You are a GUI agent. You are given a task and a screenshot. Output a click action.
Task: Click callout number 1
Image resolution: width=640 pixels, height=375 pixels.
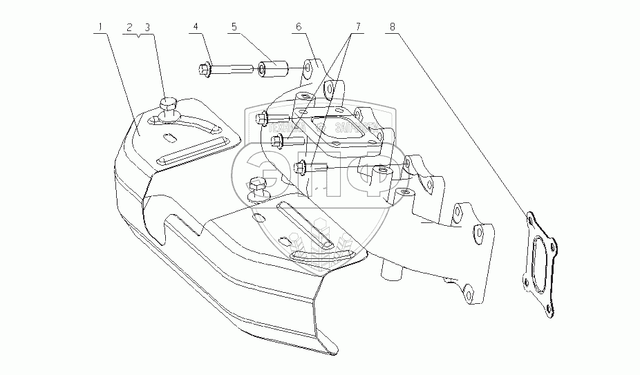click(100, 27)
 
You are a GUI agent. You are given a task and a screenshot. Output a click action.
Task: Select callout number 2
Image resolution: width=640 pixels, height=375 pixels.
click(129, 27)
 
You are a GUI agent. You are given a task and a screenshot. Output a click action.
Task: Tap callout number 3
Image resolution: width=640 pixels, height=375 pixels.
click(147, 27)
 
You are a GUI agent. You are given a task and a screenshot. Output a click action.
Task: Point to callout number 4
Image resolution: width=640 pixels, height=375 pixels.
click(196, 27)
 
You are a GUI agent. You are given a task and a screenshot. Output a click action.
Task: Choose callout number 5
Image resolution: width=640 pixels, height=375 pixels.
click(234, 27)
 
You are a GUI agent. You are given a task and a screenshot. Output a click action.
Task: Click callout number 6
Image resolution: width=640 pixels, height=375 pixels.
click(298, 27)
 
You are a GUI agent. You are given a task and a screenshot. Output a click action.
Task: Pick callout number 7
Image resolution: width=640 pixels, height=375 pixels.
click(358, 27)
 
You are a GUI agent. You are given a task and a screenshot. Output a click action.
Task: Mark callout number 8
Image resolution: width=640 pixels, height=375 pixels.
click(393, 27)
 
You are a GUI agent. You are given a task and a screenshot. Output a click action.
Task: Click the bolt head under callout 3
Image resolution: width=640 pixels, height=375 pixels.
click(169, 104)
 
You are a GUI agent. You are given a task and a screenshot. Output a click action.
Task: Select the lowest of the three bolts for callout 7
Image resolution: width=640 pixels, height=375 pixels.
click(308, 166)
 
